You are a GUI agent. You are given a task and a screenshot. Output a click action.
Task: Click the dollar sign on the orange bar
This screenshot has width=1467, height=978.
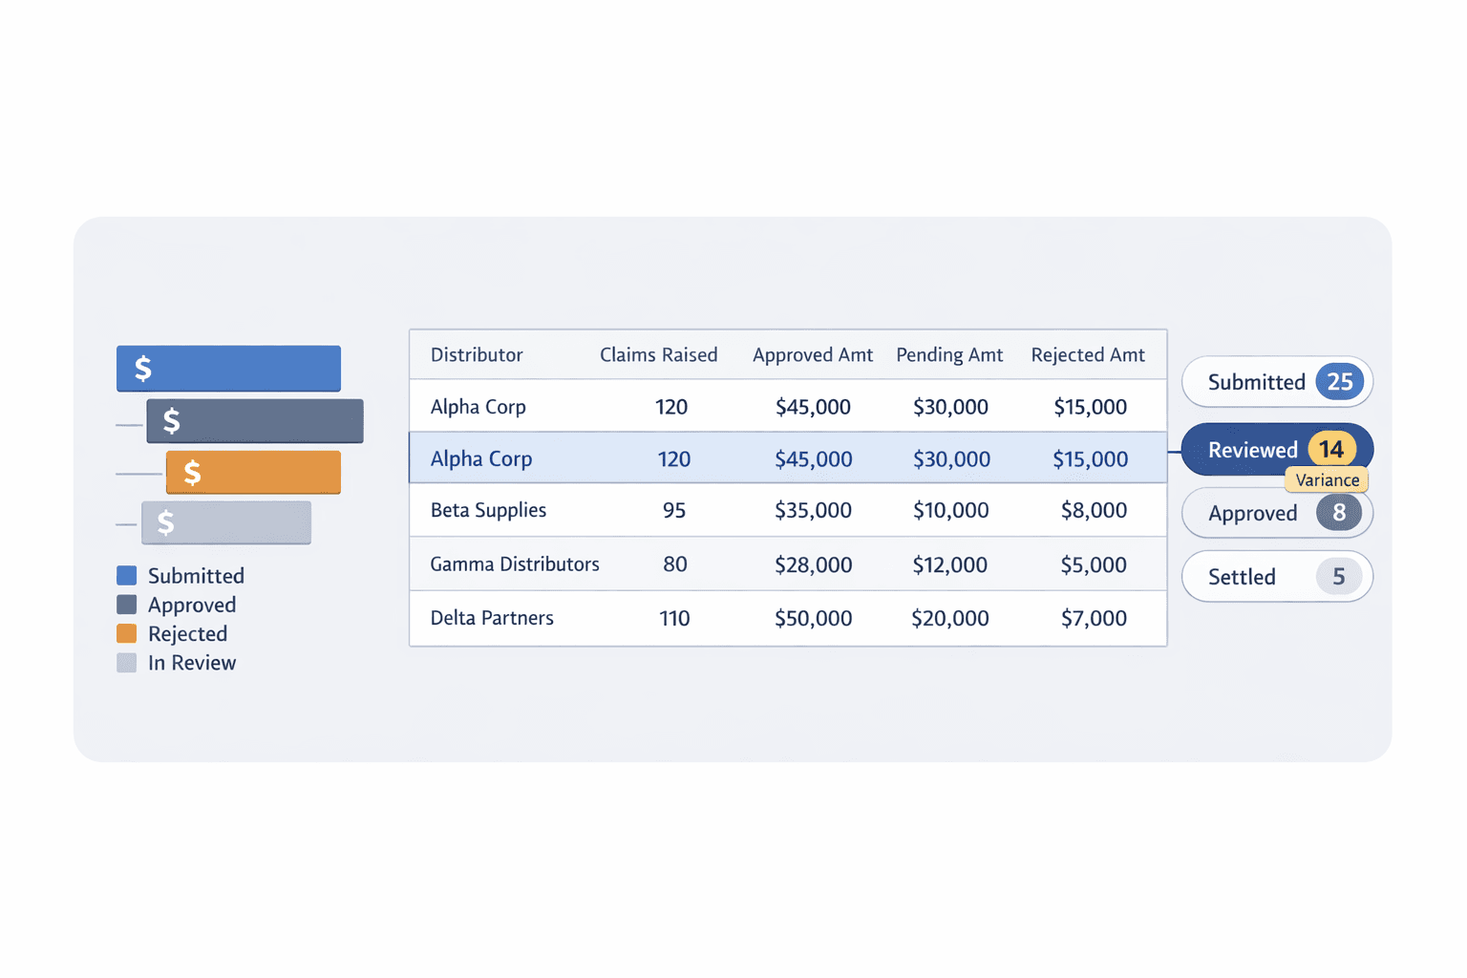[192, 473]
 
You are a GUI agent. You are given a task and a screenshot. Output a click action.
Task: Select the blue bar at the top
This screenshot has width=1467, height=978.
[228, 369]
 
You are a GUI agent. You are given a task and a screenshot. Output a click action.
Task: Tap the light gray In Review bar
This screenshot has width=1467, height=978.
[226, 522]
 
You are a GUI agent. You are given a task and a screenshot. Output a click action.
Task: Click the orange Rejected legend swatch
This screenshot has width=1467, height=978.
[126, 633]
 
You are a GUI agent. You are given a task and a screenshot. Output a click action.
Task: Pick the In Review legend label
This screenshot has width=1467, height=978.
[191, 663]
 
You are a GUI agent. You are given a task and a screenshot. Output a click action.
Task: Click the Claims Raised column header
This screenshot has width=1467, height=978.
[658, 355]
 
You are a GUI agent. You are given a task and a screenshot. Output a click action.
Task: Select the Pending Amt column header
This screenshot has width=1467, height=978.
[949, 355]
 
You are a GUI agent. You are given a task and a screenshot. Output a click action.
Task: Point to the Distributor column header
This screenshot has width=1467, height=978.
[477, 355]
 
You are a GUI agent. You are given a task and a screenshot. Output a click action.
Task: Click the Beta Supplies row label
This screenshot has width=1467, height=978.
[488, 510]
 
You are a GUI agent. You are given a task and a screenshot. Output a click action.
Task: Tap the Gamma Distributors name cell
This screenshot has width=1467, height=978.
[515, 564]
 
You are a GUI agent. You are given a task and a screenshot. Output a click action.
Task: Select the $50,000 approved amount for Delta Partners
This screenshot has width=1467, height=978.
[813, 619]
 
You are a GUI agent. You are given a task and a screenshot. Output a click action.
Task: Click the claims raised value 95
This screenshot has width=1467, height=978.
[674, 510]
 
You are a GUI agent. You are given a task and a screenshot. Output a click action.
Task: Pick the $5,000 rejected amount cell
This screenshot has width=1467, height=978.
[1094, 564]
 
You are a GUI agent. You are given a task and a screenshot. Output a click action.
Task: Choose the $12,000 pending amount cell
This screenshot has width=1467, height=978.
[949, 564]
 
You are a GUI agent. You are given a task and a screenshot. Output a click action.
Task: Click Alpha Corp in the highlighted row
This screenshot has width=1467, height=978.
[481, 458]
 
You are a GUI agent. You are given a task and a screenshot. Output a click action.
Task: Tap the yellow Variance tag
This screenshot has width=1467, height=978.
[1327, 480]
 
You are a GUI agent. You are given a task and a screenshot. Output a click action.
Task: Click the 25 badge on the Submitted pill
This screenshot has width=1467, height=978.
[1339, 382]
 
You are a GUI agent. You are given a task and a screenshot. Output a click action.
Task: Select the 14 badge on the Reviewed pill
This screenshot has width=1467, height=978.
[1331, 449]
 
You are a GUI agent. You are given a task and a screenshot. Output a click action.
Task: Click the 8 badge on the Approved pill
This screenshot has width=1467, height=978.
[1339, 513]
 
